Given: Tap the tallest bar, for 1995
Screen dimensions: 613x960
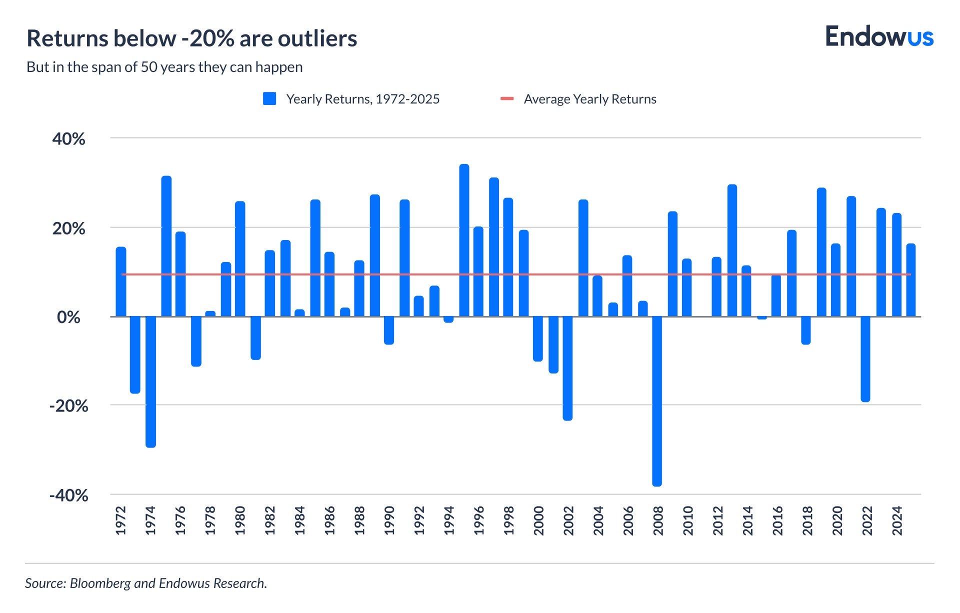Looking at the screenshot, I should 464,240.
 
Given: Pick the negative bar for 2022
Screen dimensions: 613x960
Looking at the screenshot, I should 865,358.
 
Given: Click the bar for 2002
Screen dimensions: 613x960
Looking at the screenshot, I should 567,368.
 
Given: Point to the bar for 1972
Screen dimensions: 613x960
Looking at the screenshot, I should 121,281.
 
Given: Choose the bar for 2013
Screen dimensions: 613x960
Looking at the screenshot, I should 732,250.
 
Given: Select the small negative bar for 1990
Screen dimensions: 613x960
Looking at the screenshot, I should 389,330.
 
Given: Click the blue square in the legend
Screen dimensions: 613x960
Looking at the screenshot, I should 269,99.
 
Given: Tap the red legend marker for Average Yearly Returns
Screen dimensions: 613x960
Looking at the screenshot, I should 507,99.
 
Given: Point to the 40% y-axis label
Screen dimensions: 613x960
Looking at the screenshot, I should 68,139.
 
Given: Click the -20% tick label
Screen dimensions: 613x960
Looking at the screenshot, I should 68,405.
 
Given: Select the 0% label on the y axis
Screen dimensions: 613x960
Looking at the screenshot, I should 68,317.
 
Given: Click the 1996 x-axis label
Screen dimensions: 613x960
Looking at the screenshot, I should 479,520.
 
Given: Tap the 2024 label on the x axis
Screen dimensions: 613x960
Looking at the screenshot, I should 897,520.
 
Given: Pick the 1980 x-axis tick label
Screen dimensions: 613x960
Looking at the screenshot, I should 240,520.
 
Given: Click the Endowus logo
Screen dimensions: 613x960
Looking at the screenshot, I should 879,37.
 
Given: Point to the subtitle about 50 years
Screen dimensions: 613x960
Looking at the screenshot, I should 164,67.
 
